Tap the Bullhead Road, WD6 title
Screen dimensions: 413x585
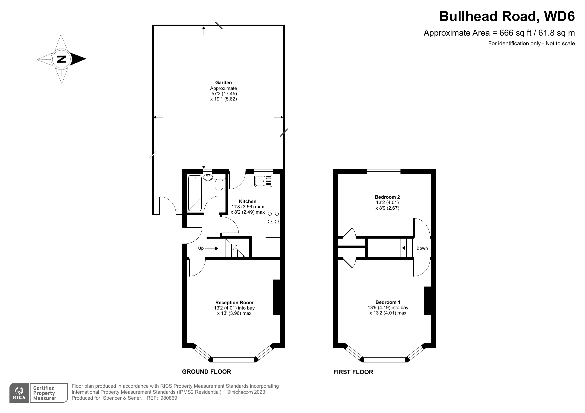507,16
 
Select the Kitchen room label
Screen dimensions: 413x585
248,201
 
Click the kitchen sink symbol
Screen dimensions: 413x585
263,181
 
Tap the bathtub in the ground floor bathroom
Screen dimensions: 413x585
195,193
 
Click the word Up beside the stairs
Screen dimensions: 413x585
201,248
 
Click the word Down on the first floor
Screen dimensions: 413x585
422,248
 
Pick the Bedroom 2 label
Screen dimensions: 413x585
387,197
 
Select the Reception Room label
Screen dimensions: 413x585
234,303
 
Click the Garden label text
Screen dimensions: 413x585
223,83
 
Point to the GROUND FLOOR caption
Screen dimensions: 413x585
206,372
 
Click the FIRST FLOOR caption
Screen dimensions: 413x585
353,372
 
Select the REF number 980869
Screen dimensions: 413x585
169,398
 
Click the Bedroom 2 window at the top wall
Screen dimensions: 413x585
383,171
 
